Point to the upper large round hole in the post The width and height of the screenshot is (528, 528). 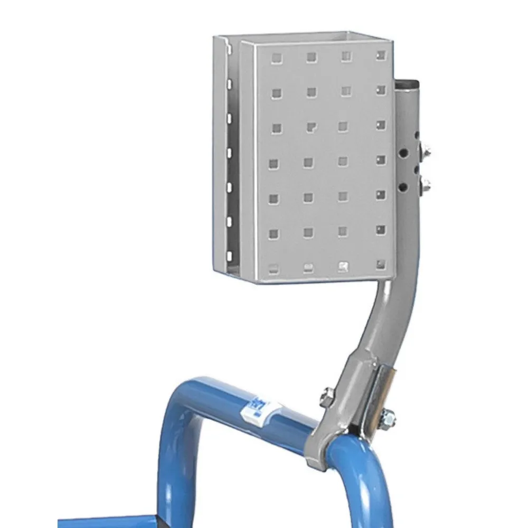403,153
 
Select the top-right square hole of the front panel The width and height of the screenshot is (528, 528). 380,54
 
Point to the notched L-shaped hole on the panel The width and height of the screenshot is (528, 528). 312,127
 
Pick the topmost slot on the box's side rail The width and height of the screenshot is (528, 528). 230,83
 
